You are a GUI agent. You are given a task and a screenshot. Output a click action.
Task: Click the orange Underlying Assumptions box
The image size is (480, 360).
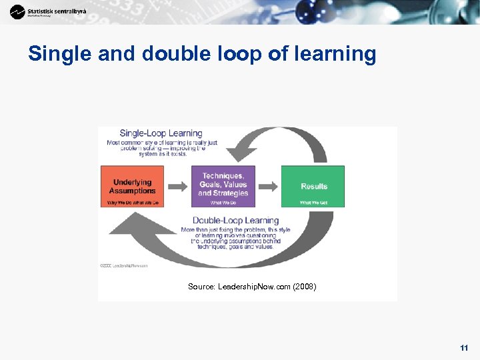pyautogui.click(x=132, y=186)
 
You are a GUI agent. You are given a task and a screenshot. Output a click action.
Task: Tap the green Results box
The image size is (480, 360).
pyautogui.click(x=313, y=186)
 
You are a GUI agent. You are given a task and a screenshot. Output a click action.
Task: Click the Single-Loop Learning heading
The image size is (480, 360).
pyautogui.click(x=161, y=133)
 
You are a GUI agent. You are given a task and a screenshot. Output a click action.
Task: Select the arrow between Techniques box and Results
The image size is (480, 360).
pyautogui.click(x=268, y=186)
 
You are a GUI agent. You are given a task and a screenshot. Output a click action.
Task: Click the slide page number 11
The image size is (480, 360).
pyautogui.click(x=464, y=348)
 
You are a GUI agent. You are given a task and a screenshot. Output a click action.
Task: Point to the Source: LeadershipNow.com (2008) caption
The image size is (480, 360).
pyautogui.click(x=252, y=287)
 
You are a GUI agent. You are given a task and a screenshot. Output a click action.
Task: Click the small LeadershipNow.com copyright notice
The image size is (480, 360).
pyautogui.click(x=124, y=265)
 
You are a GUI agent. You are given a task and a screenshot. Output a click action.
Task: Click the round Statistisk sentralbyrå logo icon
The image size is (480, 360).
pyautogui.click(x=17, y=11)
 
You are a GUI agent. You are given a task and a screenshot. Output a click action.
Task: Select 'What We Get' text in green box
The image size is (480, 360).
pyautogui.click(x=313, y=202)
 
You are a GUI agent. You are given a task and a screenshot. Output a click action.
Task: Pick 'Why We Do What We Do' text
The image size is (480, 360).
pyautogui.click(x=132, y=202)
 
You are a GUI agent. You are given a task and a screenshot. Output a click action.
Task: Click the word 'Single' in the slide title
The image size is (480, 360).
pyautogui.click(x=60, y=54)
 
